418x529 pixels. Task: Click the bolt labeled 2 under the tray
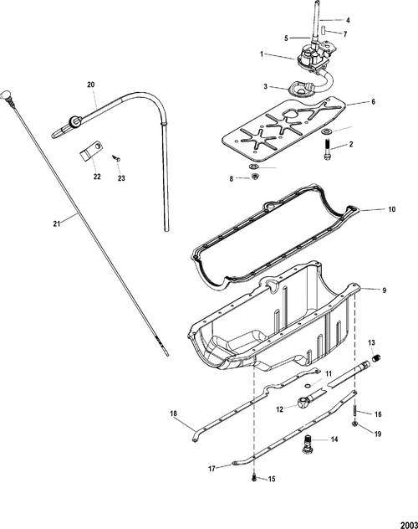coord(325,153)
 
